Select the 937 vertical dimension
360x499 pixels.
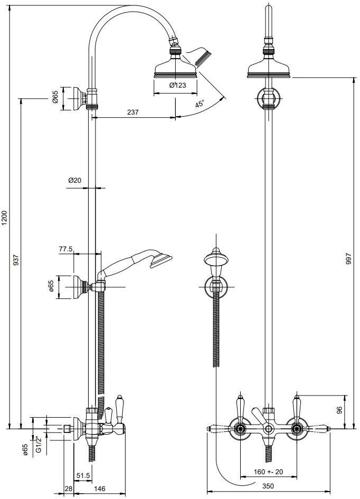16,260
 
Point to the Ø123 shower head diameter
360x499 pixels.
177,86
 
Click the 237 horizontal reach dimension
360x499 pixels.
133,112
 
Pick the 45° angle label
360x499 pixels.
200,104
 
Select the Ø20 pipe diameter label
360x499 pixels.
74,180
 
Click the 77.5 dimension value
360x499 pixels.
65,249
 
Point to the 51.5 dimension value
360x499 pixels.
83,475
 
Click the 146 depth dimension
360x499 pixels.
100,489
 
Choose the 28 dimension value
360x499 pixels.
68,489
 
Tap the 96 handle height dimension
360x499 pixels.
339,409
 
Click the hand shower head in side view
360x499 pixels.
160,259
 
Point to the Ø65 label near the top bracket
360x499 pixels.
55,98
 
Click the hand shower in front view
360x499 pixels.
216,260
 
